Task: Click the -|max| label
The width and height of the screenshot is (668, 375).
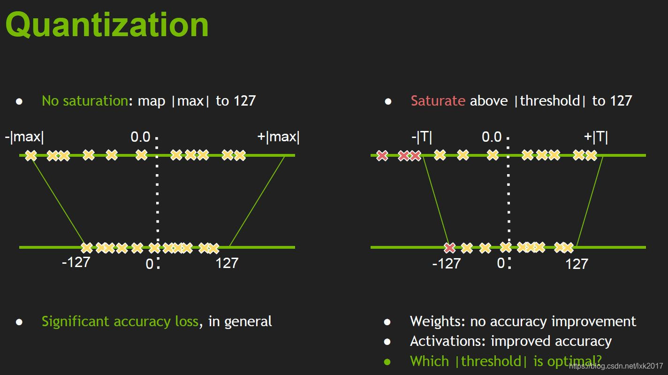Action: pos(24,137)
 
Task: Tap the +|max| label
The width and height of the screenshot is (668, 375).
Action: pos(278,137)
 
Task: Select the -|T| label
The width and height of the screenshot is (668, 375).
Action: pos(422,137)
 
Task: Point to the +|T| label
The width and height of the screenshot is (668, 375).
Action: pos(596,137)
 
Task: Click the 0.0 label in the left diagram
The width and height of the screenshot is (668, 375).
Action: pos(140,137)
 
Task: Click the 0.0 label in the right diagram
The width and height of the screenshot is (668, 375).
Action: pos(492,137)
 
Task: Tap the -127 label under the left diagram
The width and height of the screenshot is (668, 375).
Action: pos(76,262)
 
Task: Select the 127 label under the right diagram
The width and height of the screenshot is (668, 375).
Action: pos(577,264)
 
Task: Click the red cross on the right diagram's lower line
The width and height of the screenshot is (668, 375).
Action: pos(449,248)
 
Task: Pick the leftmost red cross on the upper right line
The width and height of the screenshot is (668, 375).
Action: pos(382,155)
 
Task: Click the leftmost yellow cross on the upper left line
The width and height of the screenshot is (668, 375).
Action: pos(31,155)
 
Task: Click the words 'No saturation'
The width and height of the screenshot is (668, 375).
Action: pos(84,101)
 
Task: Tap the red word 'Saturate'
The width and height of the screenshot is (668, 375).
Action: pos(438,101)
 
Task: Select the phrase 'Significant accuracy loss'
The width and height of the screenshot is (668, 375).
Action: pos(120,321)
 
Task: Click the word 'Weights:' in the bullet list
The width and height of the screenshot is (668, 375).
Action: pos(437,321)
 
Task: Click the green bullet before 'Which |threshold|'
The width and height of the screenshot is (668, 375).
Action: pos(387,361)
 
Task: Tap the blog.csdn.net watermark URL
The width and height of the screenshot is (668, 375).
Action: pos(616,366)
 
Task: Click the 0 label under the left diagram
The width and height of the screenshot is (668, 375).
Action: pos(149,264)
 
